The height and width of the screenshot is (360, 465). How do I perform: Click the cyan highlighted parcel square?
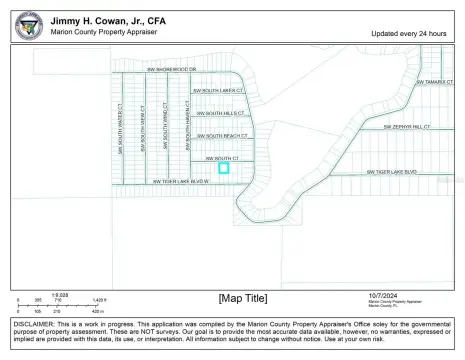coord(224,168)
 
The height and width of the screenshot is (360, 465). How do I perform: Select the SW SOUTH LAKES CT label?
coord(217,89)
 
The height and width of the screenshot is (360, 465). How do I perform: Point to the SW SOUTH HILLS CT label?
coord(220,113)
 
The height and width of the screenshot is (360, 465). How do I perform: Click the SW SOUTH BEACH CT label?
coord(222,135)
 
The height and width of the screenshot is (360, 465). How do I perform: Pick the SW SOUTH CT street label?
coord(222,158)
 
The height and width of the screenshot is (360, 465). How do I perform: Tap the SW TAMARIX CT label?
coord(436,82)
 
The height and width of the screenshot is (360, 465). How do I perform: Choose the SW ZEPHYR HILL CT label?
coord(406,128)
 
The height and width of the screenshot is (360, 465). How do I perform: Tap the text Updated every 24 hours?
coord(410,33)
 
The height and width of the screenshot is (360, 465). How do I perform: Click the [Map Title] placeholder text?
coord(243,297)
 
